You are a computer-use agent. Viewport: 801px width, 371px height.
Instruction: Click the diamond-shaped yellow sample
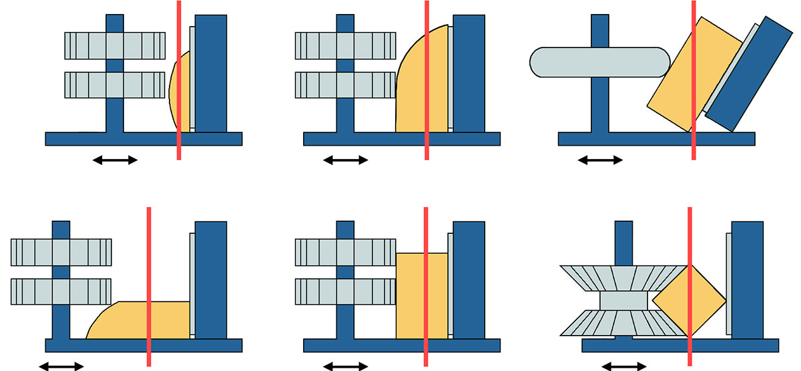click(688, 301)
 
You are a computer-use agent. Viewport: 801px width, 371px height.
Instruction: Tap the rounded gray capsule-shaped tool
click(599, 62)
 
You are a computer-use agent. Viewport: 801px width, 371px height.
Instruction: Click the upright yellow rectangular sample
click(422, 295)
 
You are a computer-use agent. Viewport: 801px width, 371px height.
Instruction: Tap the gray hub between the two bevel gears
click(623, 301)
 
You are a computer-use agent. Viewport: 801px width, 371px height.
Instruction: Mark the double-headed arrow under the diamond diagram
click(623, 366)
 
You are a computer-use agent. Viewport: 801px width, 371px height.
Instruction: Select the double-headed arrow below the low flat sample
click(61, 366)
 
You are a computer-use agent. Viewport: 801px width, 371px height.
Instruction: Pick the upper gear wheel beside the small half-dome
click(115, 45)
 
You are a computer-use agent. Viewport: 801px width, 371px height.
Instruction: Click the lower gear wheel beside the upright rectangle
click(345, 291)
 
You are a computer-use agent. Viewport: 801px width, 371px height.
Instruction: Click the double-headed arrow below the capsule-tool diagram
click(599, 160)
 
